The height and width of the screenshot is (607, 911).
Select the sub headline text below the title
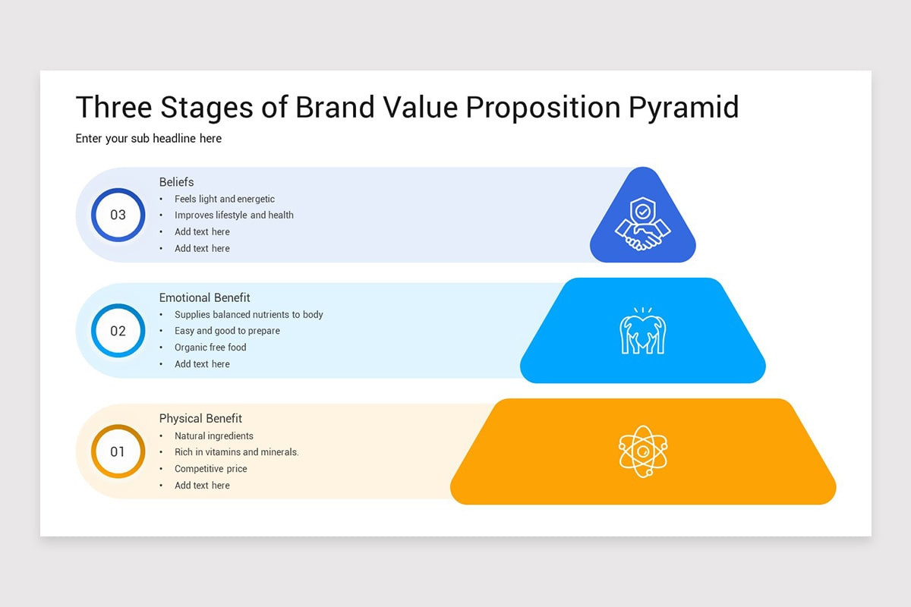(x=149, y=139)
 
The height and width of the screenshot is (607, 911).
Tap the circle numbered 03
(x=118, y=215)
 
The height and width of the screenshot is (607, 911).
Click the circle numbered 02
(x=118, y=331)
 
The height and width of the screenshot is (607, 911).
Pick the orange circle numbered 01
(x=118, y=451)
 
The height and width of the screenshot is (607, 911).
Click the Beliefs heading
(x=176, y=182)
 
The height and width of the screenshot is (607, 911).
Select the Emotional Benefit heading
(x=204, y=297)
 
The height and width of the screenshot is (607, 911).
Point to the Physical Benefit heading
(x=200, y=418)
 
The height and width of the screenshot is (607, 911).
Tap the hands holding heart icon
(x=642, y=332)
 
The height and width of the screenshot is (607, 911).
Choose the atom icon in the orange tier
(x=642, y=451)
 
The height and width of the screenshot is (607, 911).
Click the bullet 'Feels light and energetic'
(x=225, y=199)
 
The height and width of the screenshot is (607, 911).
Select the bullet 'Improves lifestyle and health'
(x=234, y=215)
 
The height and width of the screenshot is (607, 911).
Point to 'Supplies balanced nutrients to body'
(x=249, y=315)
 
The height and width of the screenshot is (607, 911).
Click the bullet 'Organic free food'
(x=210, y=348)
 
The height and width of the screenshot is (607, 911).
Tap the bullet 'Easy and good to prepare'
(x=227, y=331)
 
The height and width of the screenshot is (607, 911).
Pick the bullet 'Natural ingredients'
(x=214, y=436)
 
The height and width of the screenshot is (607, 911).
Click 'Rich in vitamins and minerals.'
(x=237, y=452)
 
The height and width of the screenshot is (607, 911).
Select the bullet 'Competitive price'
(x=211, y=469)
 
